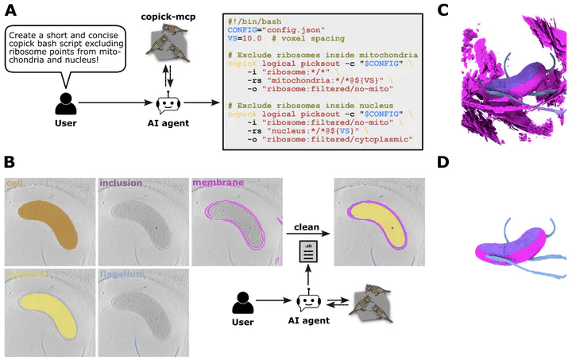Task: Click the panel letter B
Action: [10, 161]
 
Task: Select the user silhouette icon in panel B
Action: [243, 304]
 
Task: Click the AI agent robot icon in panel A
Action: [168, 104]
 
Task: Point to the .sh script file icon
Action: [307, 254]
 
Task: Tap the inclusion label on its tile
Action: [120, 184]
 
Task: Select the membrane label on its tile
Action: [218, 184]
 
